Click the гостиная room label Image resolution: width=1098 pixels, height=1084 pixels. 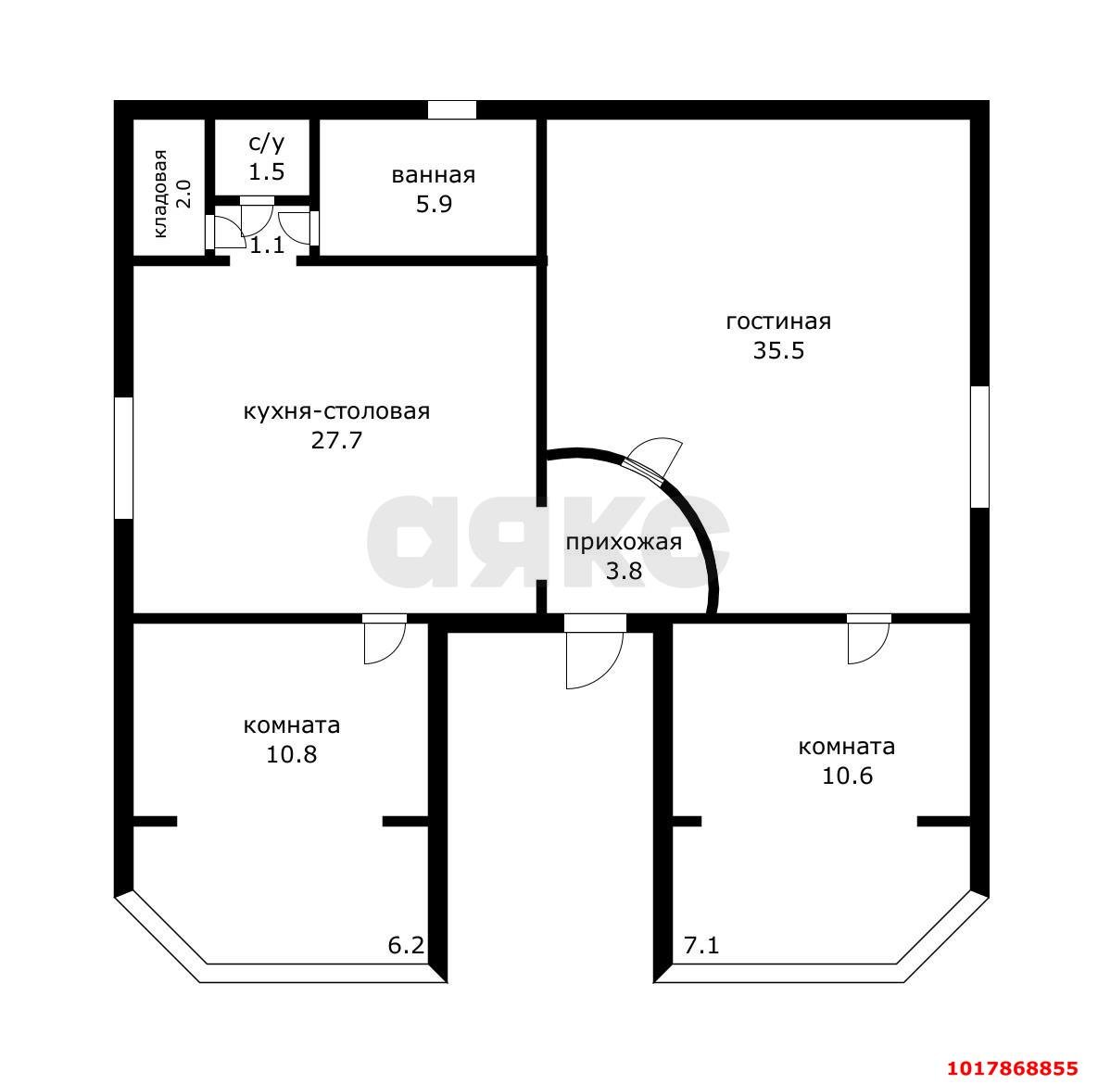click(778, 321)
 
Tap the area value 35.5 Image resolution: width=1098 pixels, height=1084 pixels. click(778, 350)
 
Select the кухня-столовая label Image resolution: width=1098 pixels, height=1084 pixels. click(337, 411)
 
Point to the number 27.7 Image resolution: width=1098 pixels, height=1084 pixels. click(337, 440)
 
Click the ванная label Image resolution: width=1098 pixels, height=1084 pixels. click(434, 175)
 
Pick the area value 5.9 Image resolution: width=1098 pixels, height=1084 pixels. click(434, 205)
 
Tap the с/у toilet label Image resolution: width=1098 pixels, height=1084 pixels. click(267, 144)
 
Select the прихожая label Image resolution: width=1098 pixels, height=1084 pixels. click(624, 543)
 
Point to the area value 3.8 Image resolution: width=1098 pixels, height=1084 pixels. click(624, 572)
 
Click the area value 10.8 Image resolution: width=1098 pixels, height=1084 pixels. click(291, 754)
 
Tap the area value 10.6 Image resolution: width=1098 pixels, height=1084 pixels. click(847, 775)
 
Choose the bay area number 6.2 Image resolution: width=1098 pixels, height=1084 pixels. click(406, 945)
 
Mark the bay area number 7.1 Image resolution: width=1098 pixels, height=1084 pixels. click(700, 945)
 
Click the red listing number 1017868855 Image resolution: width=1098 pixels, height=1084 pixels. click(1013, 1068)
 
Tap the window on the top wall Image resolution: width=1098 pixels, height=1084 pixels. click(452, 110)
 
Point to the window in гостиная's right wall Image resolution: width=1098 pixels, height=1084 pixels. click(979, 447)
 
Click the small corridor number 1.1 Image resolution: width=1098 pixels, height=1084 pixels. click(267, 246)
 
